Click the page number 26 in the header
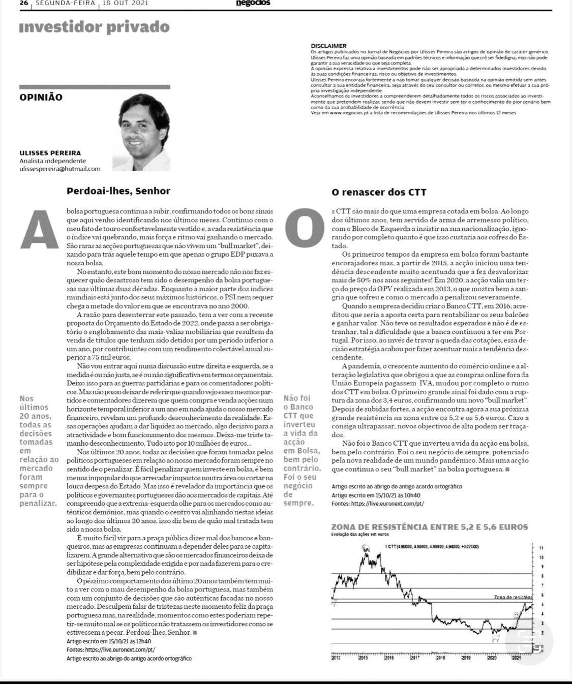[24, 3]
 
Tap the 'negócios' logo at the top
[253, 3]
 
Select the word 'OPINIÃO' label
[41, 97]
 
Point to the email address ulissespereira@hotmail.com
[60, 169]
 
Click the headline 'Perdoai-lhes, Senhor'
[118, 192]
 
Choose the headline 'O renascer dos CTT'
[379, 193]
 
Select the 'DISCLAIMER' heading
[328, 46]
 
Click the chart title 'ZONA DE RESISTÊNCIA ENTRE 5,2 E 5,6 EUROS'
[430, 527]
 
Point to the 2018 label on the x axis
[440, 658]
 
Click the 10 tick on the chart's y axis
[541, 557]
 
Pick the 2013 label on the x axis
[336, 658]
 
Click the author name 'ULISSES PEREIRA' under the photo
[50, 153]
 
